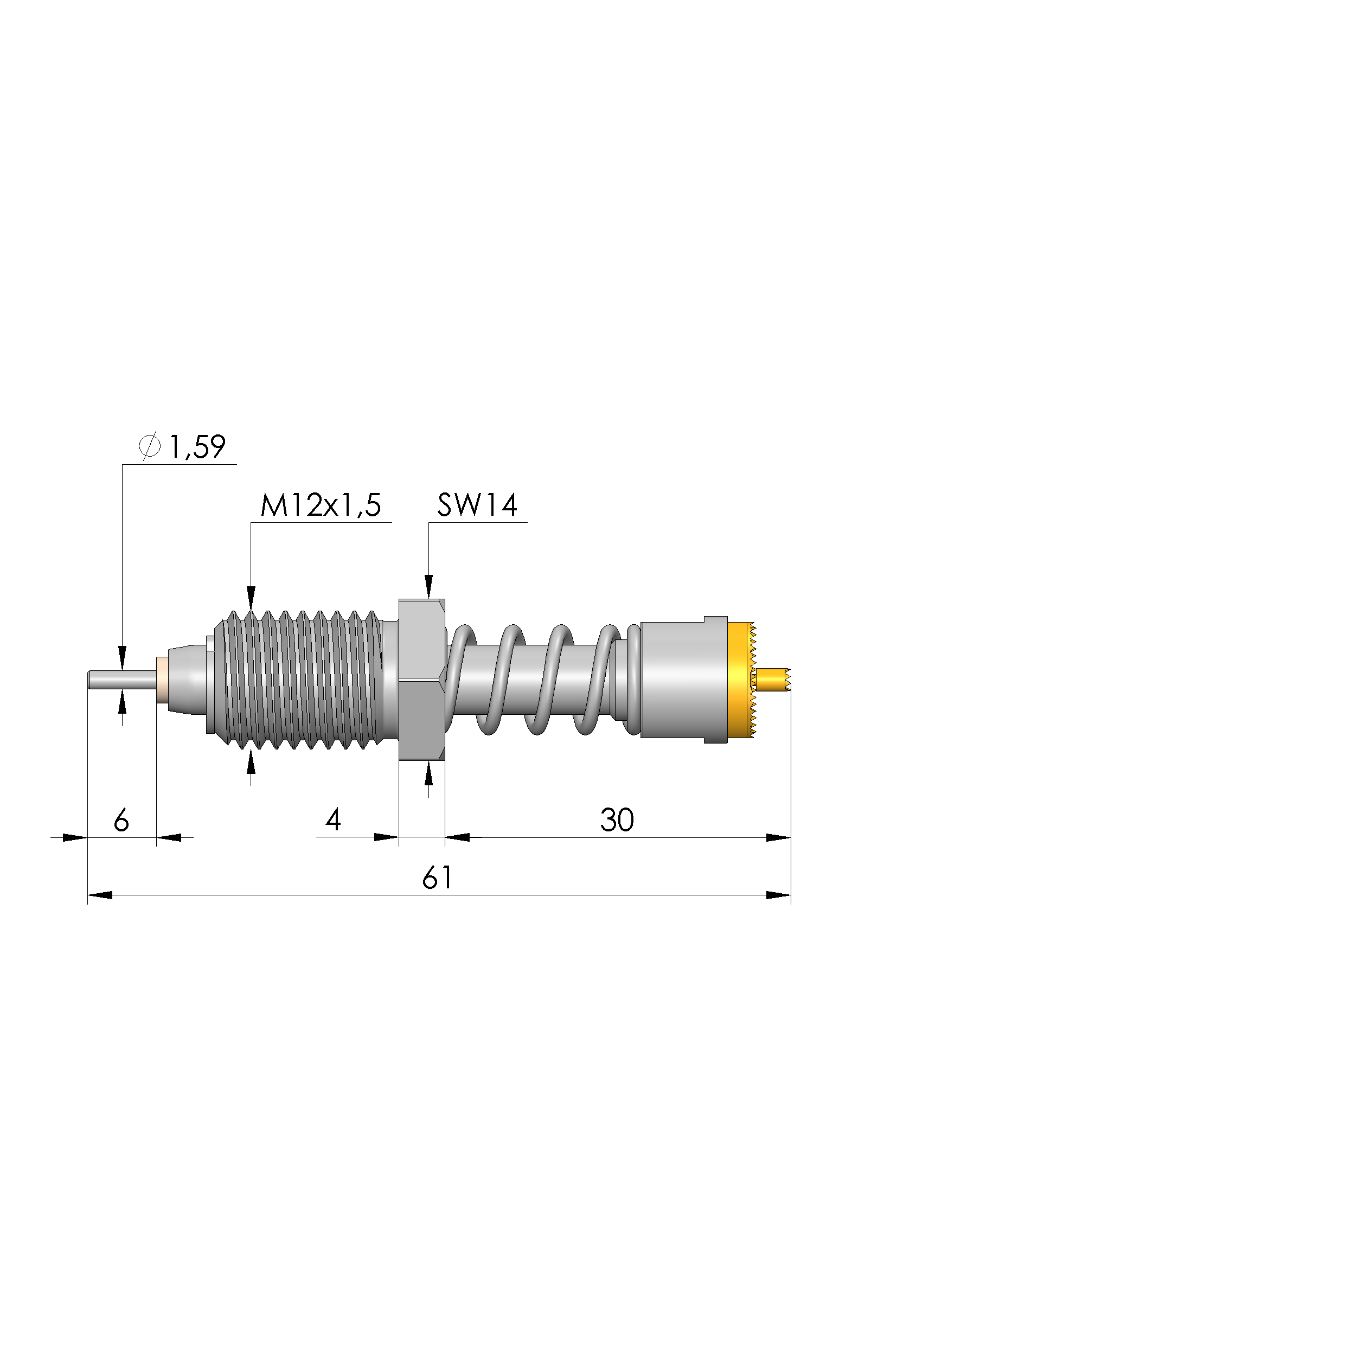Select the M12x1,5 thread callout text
click(321, 505)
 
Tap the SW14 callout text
click(477, 505)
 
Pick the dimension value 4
click(333, 819)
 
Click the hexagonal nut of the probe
click(422, 680)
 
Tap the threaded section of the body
click(299, 680)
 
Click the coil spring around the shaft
click(545, 680)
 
